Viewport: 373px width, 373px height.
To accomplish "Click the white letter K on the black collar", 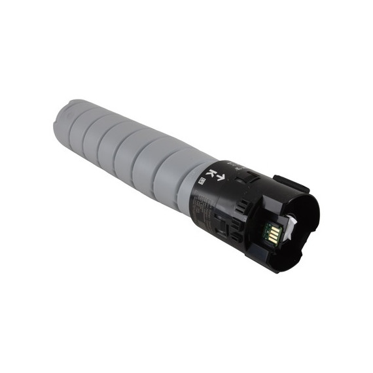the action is point(211,173).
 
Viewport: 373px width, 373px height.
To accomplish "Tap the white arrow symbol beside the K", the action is point(221,177).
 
